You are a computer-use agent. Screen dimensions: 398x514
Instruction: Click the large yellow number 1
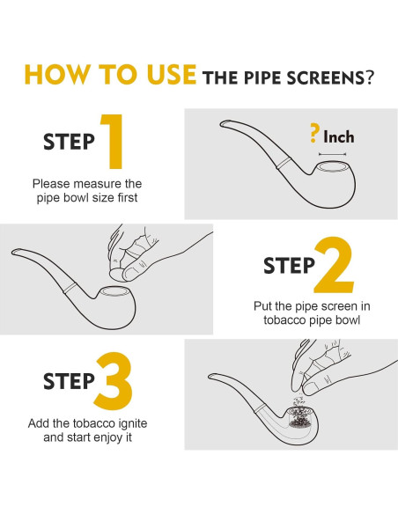pyautogui.click(x=113, y=142)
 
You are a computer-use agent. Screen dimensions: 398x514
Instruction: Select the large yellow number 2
pyautogui.click(x=334, y=265)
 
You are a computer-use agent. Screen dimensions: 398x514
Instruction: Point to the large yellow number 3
pyautogui.click(x=113, y=381)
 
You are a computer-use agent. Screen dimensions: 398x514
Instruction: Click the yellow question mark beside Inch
pyautogui.click(x=314, y=133)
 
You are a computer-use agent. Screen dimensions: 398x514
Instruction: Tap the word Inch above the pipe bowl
pyautogui.click(x=339, y=136)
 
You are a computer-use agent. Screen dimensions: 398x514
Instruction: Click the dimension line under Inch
pyautogui.click(x=332, y=154)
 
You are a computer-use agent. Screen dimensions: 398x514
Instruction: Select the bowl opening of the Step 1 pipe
pyautogui.click(x=333, y=167)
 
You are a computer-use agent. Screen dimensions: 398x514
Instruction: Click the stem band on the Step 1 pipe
pyautogui.click(x=284, y=163)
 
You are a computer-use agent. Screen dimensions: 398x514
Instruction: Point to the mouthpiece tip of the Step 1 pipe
pyautogui.click(x=223, y=124)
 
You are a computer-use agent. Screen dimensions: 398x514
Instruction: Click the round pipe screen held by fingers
pyautogui.click(x=116, y=274)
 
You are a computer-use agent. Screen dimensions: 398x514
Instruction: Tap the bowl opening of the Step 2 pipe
pyautogui.click(x=114, y=291)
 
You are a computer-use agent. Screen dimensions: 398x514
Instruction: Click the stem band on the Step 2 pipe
pyautogui.click(x=70, y=288)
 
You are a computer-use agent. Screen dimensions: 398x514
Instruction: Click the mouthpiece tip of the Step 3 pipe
pyautogui.click(x=211, y=377)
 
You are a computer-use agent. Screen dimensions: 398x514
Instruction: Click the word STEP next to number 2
pyautogui.click(x=289, y=265)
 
